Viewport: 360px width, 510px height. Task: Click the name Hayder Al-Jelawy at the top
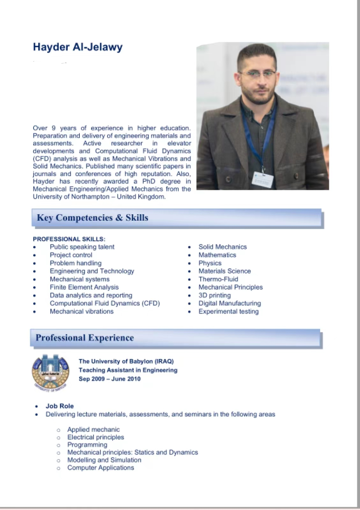[77, 47]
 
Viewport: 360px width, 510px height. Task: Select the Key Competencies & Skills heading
[92, 218]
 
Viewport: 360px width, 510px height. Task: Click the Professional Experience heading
[84, 338]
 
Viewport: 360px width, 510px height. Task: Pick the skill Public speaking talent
[82, 247]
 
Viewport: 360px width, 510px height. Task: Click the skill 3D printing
[215, 295]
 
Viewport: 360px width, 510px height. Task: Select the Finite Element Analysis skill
[84, 288]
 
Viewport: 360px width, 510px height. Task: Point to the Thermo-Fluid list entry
[218, 279]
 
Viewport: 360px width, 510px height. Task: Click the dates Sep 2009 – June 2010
[109, 379]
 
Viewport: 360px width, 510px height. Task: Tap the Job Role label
[60, 406]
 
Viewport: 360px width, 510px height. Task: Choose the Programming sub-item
[87, 445]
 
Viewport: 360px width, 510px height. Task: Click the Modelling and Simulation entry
[104, 460]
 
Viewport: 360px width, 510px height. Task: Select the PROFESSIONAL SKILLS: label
[69, 239]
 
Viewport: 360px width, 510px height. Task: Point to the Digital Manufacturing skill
[230, 303]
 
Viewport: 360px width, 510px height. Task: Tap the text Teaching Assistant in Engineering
[128, 370]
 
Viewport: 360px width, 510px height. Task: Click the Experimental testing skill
[228, 311]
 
